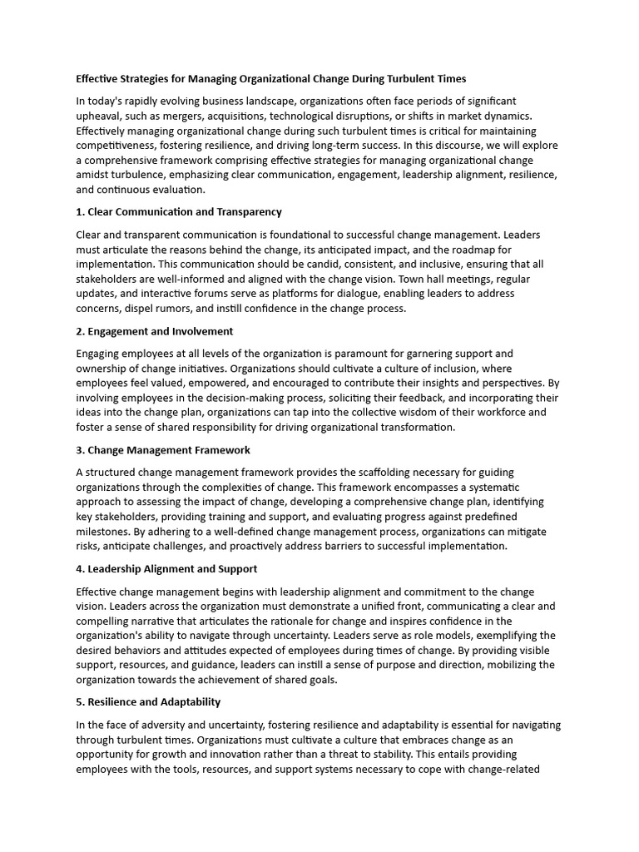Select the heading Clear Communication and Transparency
pos(184,211)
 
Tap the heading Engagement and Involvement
pos(160,331)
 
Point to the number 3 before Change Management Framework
pos(79,450)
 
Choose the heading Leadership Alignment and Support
pos(171,569)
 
